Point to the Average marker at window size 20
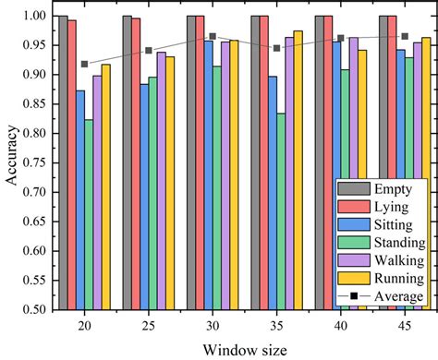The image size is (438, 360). [85, 64]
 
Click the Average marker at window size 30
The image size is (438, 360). [213, 37]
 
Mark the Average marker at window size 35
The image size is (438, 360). [276, 48]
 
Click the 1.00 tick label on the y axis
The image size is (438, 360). [34, 16]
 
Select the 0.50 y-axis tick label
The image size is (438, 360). [34, 310]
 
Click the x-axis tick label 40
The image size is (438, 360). [340, 325]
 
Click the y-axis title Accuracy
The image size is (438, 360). [10, 163]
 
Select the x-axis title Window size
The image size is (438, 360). [244, 347]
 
